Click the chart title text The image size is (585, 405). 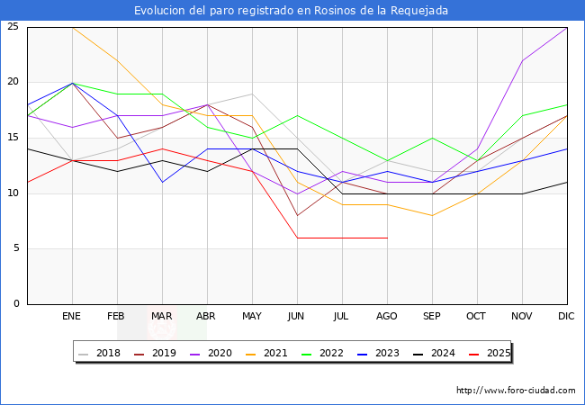pos(292,10)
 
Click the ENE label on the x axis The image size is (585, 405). pos(72,317)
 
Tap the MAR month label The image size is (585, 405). pos(162,317)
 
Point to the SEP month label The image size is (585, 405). pos(432,317)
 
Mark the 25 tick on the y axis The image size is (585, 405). pos(13,27)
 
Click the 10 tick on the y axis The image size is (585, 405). pos(13,193)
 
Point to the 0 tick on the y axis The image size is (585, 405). pos(16,303)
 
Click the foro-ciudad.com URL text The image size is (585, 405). pos(516,391)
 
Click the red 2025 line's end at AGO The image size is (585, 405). pos(387,238)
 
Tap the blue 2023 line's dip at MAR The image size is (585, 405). pos(162,182)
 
